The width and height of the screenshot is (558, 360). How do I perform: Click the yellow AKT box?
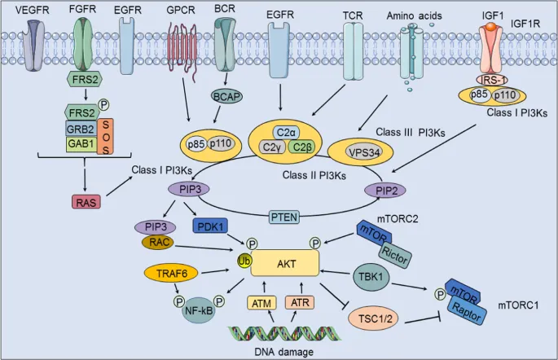285,264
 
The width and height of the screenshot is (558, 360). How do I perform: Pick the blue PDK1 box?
211,225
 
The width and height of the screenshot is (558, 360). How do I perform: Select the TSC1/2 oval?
373,317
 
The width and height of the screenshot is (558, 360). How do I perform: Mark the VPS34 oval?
354,151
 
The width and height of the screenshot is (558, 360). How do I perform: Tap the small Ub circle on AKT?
243,261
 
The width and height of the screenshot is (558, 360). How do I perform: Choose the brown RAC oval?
158,242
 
